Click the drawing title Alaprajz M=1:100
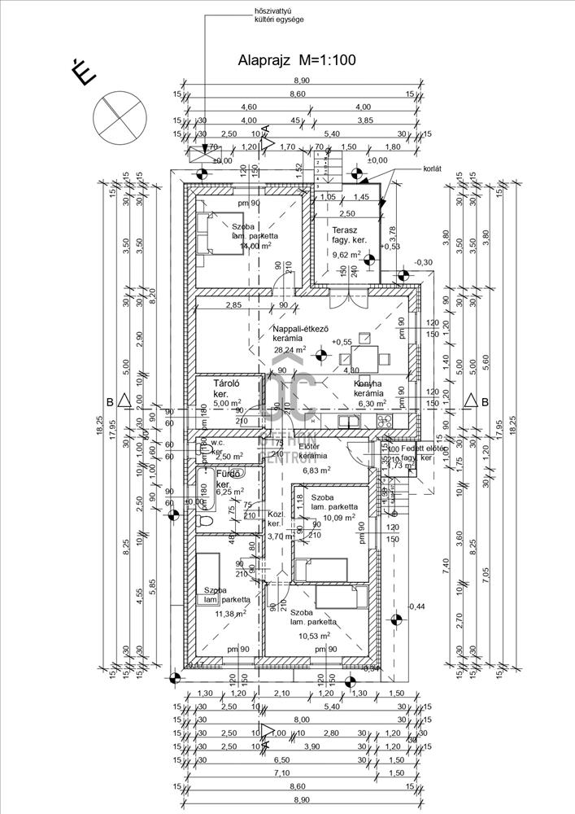coord(296,59)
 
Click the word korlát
coord(433,168)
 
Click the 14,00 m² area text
coord(250,245)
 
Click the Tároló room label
coord(225,383)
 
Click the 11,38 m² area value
coord(231,615)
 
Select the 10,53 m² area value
coord(311,636)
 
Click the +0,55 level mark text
coord(345,344)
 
